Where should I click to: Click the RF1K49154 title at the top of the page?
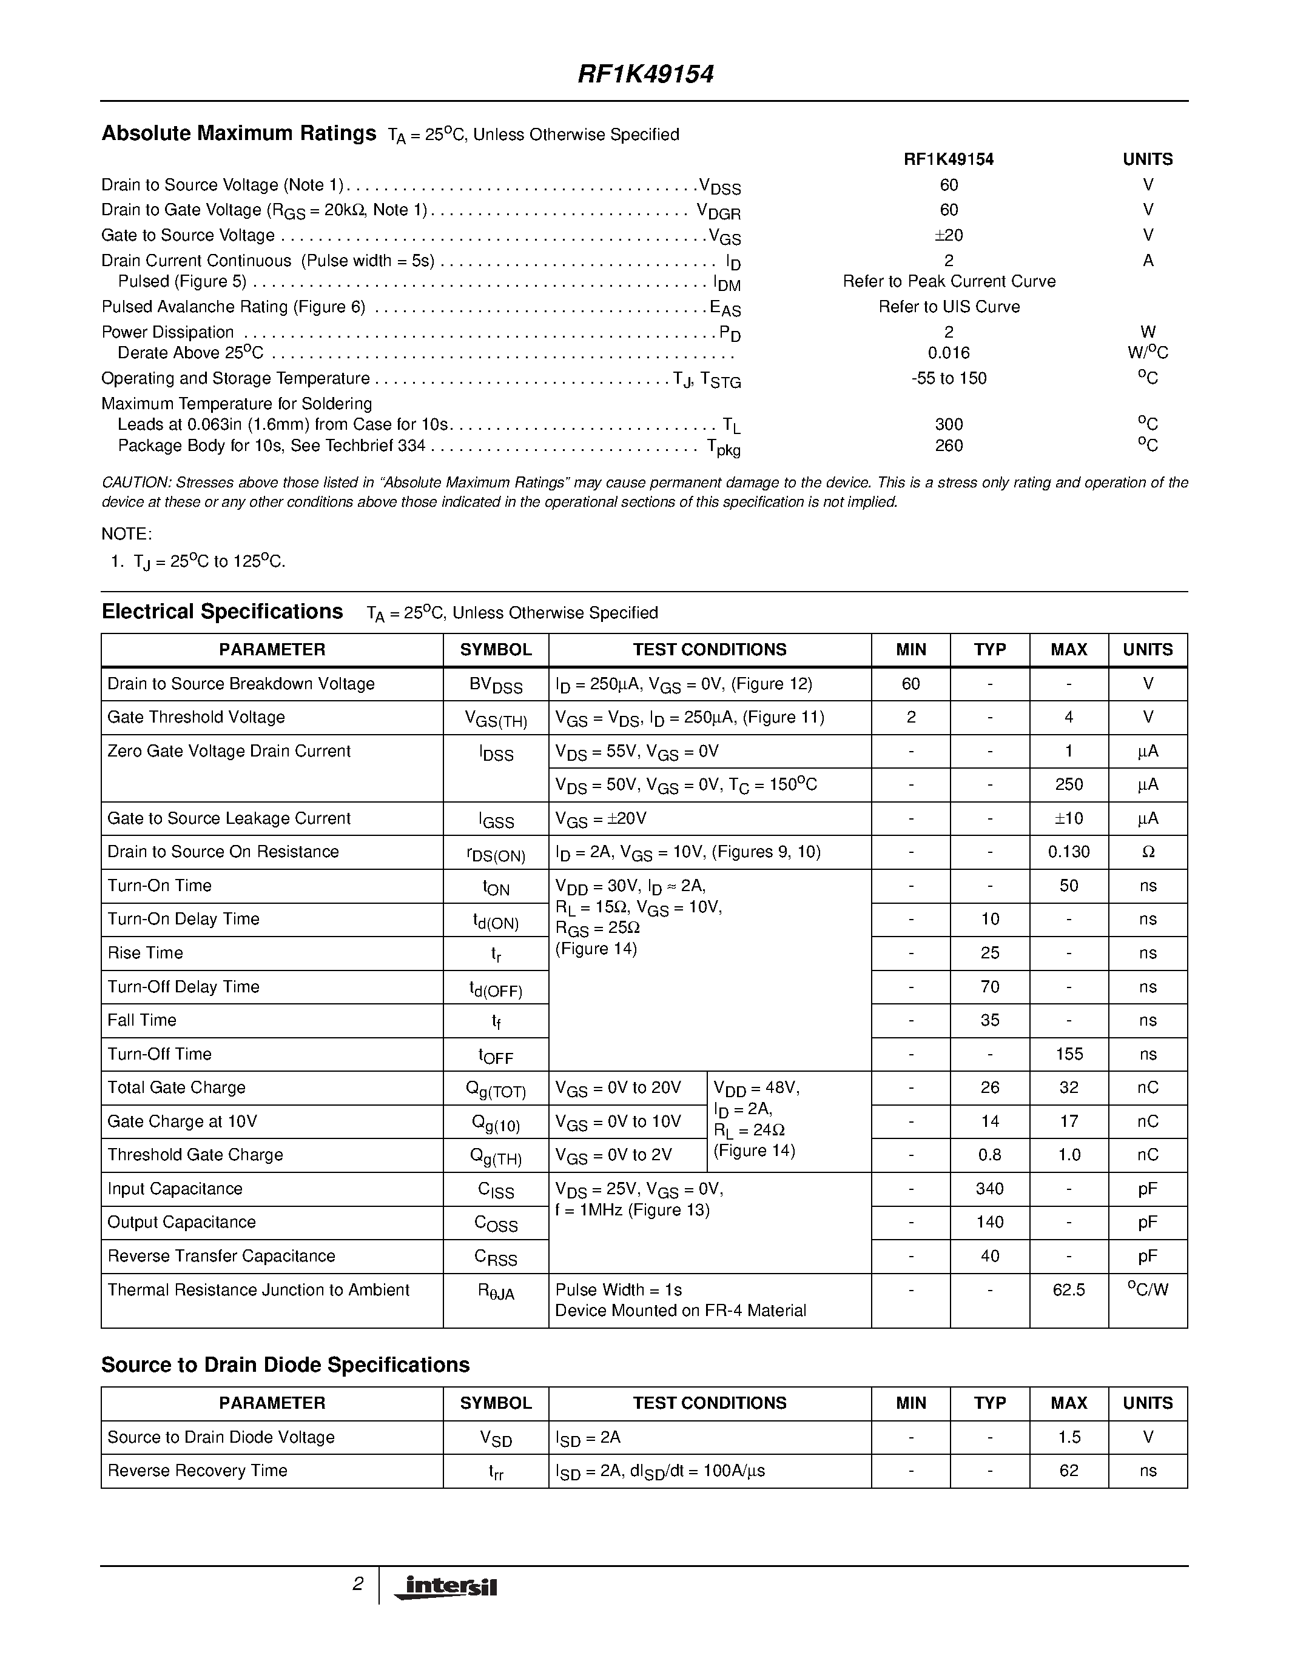coord(645,74)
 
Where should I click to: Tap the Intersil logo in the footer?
coord(445,1587)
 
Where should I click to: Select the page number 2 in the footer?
coord(357,1584)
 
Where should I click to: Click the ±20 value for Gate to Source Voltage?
coord(949,235)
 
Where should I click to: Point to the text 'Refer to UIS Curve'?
coord(949,307)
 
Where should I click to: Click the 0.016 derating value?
coord(949,353)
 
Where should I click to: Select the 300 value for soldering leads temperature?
coord(949,424)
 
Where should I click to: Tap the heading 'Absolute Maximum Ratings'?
coord(239,133)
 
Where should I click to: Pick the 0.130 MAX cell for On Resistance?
coord(1068,852)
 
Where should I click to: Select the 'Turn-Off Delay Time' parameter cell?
coord(183,987)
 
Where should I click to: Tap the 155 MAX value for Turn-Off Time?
coord(1068,1054)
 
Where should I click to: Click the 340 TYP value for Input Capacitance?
coord(990,1189)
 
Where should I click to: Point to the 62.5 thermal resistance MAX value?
coord(1068,1290)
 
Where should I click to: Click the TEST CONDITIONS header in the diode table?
coord(710,1403)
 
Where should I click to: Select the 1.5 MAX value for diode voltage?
coord(1068,1437)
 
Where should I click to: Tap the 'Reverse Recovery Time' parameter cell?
coord(197,1471)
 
